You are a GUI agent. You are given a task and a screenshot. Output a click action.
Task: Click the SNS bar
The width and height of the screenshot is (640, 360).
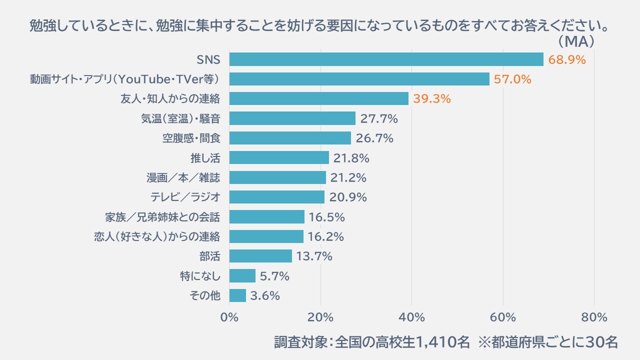click(386, 59)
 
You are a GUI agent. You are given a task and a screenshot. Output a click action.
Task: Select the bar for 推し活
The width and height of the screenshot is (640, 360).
click(279, 158)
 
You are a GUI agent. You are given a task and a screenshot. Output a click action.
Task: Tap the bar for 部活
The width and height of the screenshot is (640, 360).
click(260, 256)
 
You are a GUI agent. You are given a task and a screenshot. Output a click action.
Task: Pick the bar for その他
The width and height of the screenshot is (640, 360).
click(237, 295)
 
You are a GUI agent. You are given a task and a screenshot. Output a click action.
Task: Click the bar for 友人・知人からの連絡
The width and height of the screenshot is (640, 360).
click(319, 98)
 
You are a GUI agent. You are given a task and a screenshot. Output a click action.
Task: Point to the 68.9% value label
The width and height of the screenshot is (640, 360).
click(567, 60)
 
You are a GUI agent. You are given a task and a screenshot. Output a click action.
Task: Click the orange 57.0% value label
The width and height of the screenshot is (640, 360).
click(512, 79)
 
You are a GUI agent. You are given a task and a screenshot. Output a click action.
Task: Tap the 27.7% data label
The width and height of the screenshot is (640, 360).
click(379, 119)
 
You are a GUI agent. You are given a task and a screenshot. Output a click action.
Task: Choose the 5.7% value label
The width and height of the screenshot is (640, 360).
click(274, 276)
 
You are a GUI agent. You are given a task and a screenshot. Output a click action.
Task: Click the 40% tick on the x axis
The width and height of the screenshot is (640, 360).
click(412, 317)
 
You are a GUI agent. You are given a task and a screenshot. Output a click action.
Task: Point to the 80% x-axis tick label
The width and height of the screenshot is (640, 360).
click(594, 317)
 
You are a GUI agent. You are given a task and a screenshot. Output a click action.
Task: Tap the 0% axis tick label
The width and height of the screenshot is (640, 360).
click(229, 317)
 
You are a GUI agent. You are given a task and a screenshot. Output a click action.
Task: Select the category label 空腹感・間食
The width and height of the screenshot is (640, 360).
click(191, 138)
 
